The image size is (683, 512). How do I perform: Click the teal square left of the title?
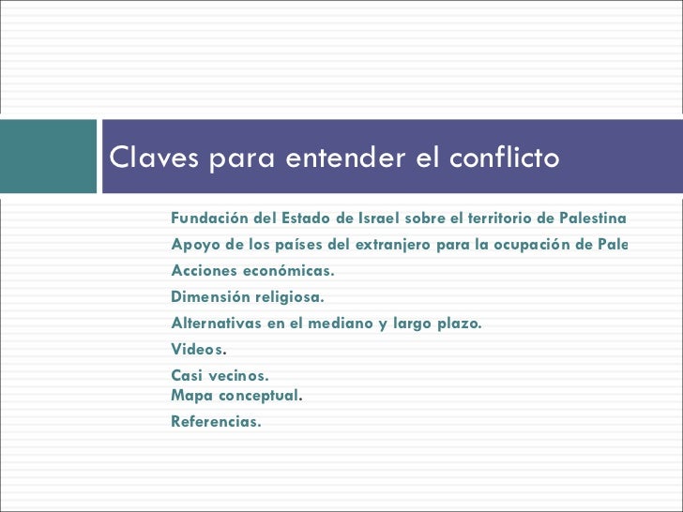pos(48,156)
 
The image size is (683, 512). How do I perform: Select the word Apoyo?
pos(194,246)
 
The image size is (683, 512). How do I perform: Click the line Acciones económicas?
pos(251,272)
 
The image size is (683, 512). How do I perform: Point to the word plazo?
pos(458,324)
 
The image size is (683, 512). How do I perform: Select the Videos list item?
pos(199,350)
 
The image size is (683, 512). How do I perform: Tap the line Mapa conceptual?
pos(236,395)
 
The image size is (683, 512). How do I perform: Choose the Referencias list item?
pos(216,421)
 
